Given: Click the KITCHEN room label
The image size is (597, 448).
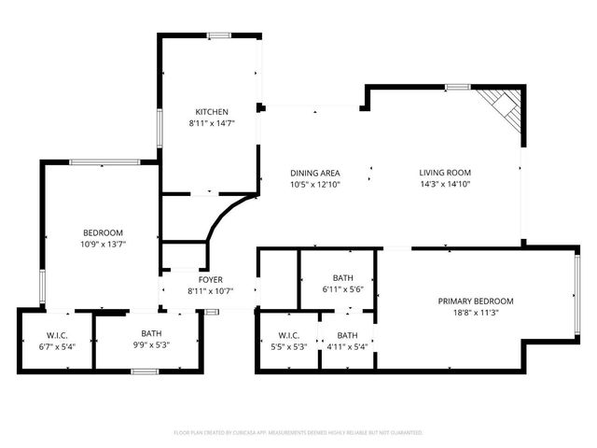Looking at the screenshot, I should tap(212, 112).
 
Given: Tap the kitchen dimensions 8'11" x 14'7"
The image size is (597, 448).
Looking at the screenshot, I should tap(212, 123).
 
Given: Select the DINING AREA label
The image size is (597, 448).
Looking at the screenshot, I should tap(314, 173).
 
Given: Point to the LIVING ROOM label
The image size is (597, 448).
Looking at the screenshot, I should tap(444, 173).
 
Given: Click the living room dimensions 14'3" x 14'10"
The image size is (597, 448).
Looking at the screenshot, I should tap(444, 184).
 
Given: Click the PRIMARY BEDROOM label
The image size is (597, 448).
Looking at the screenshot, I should tap(476, 301).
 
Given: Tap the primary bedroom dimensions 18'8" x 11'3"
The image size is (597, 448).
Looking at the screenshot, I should tap(476, 313).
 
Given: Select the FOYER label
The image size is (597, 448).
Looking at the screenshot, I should tap(210, 279).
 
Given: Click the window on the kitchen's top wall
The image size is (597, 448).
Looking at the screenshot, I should tap(219, 35).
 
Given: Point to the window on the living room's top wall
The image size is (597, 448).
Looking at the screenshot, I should tap(457, 87).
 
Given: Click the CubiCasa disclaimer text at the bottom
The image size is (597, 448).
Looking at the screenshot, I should tap(298, 433).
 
